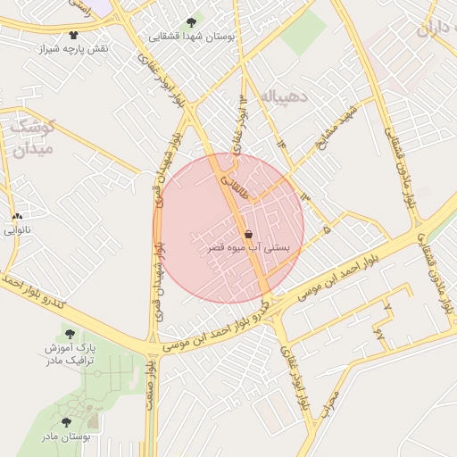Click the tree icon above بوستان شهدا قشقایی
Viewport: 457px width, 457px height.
coord(191,22)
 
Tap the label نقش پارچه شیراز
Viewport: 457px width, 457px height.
coord(73,47)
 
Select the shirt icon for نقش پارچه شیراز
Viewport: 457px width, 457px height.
coord(74,35)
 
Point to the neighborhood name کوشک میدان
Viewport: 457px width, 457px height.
coord(33,137)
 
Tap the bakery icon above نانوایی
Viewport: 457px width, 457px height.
coord(17,216)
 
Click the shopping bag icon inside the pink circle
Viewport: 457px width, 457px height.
coord(248,233)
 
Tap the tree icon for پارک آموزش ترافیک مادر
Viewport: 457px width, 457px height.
coord(70,334)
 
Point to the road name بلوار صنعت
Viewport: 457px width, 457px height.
coord(154,385)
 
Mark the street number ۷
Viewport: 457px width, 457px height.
coord(387,306)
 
